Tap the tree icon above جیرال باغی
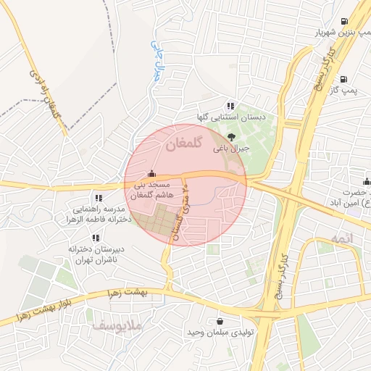click(x=231, y=136)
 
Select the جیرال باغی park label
click(x=230, y=148)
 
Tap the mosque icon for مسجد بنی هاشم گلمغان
click(x=151, y=173)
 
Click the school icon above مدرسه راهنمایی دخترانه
click(x=99, y=198)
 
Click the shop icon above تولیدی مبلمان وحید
click(x=220, y=321)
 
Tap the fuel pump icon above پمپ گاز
click(x=343, y=80)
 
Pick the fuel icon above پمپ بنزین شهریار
click(x=343, y=20)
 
